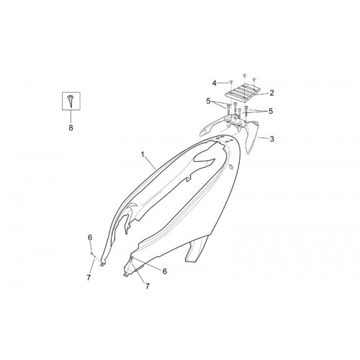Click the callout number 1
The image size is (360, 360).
[x=143, y=154]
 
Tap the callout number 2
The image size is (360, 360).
[x=271, y=93]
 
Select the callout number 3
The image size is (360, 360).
[x=271, y=139]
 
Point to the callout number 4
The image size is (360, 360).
[x=214, y=84]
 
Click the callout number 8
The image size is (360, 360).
[x=71, y=128]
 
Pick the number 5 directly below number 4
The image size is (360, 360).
[x=208, y=102]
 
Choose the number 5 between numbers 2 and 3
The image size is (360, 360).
[x=271, y=111]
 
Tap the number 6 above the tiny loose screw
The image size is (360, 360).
[x=90, y=238]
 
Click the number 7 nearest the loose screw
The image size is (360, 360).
[x=89, y=278]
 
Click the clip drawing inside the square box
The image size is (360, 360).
[x=70, y=101]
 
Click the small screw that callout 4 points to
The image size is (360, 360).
[x=231, y=82]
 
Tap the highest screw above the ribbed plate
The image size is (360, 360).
[x=245, y=76]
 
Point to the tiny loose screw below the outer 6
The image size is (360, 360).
[x=91, y=253]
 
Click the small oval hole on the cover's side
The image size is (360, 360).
[x=231, y=167]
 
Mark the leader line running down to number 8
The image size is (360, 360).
[x=71, y=117]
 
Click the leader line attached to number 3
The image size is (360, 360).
[x=263, y=138]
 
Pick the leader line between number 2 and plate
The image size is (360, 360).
[x=261, y=94]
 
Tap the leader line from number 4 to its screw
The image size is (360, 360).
[x=223, y=83]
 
